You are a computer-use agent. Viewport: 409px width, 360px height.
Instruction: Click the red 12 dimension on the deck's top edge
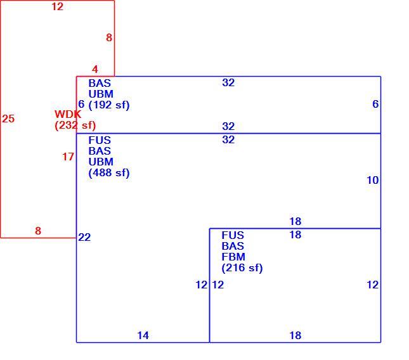[x=57, y=6]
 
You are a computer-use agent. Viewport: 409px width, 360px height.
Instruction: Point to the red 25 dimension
[x=8, y=119]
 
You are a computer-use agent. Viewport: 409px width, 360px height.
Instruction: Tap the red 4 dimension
[x=95, y=69]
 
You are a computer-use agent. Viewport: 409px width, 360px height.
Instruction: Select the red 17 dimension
[x=68, y=157]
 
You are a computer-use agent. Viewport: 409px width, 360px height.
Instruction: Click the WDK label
[x=68, y=114]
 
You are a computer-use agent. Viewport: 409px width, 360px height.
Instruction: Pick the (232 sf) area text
[x=75, y=125]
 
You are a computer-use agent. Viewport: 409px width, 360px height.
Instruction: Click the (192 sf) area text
[x=109, y=105]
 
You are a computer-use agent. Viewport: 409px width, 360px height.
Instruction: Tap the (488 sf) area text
[x=109, y=173]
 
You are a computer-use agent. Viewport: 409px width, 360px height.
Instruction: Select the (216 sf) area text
[x=242, y=267]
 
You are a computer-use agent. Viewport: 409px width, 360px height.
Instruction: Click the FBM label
[x=233, y=257]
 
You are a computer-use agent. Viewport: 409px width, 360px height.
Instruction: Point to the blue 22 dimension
[x=84, y=237]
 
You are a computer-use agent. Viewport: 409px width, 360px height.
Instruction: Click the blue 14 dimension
[x=143, y=335]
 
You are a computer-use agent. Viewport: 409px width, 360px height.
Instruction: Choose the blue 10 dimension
[x=373, y=180]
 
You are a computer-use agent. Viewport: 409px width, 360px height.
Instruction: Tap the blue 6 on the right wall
[x=375, y=104]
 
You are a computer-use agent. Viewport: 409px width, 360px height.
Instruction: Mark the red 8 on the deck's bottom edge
[x=38, y=231]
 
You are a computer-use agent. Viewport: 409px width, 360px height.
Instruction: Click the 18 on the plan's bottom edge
[x=295, y=335]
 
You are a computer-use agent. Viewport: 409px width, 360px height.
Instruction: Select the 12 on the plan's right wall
[x=373, y=285]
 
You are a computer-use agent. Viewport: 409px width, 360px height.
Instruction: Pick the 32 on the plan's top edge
[x=228, y=82]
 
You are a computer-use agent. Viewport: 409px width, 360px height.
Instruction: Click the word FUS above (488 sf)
[x=100, y=140]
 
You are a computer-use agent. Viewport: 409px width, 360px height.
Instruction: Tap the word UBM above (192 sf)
[x=101, y=94]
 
